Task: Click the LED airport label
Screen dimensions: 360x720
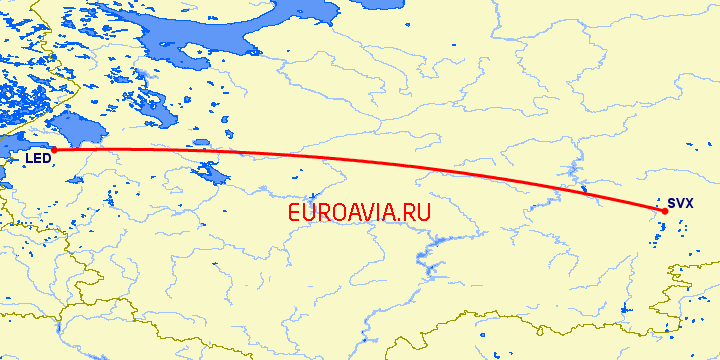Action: [x=38, y=158]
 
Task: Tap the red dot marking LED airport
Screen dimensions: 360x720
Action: [x=54, y=151]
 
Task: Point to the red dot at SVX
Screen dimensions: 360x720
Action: [x=665, y=211]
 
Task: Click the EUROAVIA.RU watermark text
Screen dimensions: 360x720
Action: [x=358, y=212]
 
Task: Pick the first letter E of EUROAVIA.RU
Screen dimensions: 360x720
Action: [x=293, y=212]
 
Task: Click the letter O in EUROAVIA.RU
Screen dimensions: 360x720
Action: [x=340, y=212]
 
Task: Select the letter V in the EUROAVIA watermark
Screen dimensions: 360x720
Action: [x=373, y=212]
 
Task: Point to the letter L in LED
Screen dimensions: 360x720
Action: [x=29, y=158]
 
